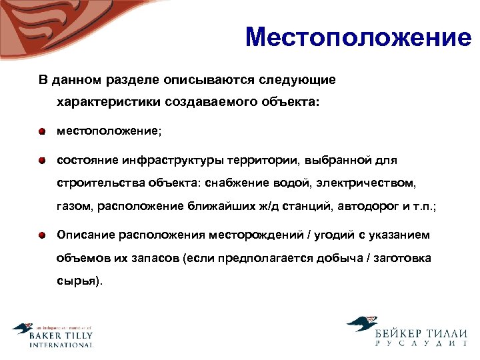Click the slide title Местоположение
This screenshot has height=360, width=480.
tap(358, 37)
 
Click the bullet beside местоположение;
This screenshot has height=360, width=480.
tap(41, 131)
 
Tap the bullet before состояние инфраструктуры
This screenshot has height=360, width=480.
tap(41, 160)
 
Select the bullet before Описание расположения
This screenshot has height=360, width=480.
tap(41, 235)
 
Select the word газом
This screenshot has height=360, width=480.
tap(74, 206)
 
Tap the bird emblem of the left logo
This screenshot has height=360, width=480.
tap(23, 329)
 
